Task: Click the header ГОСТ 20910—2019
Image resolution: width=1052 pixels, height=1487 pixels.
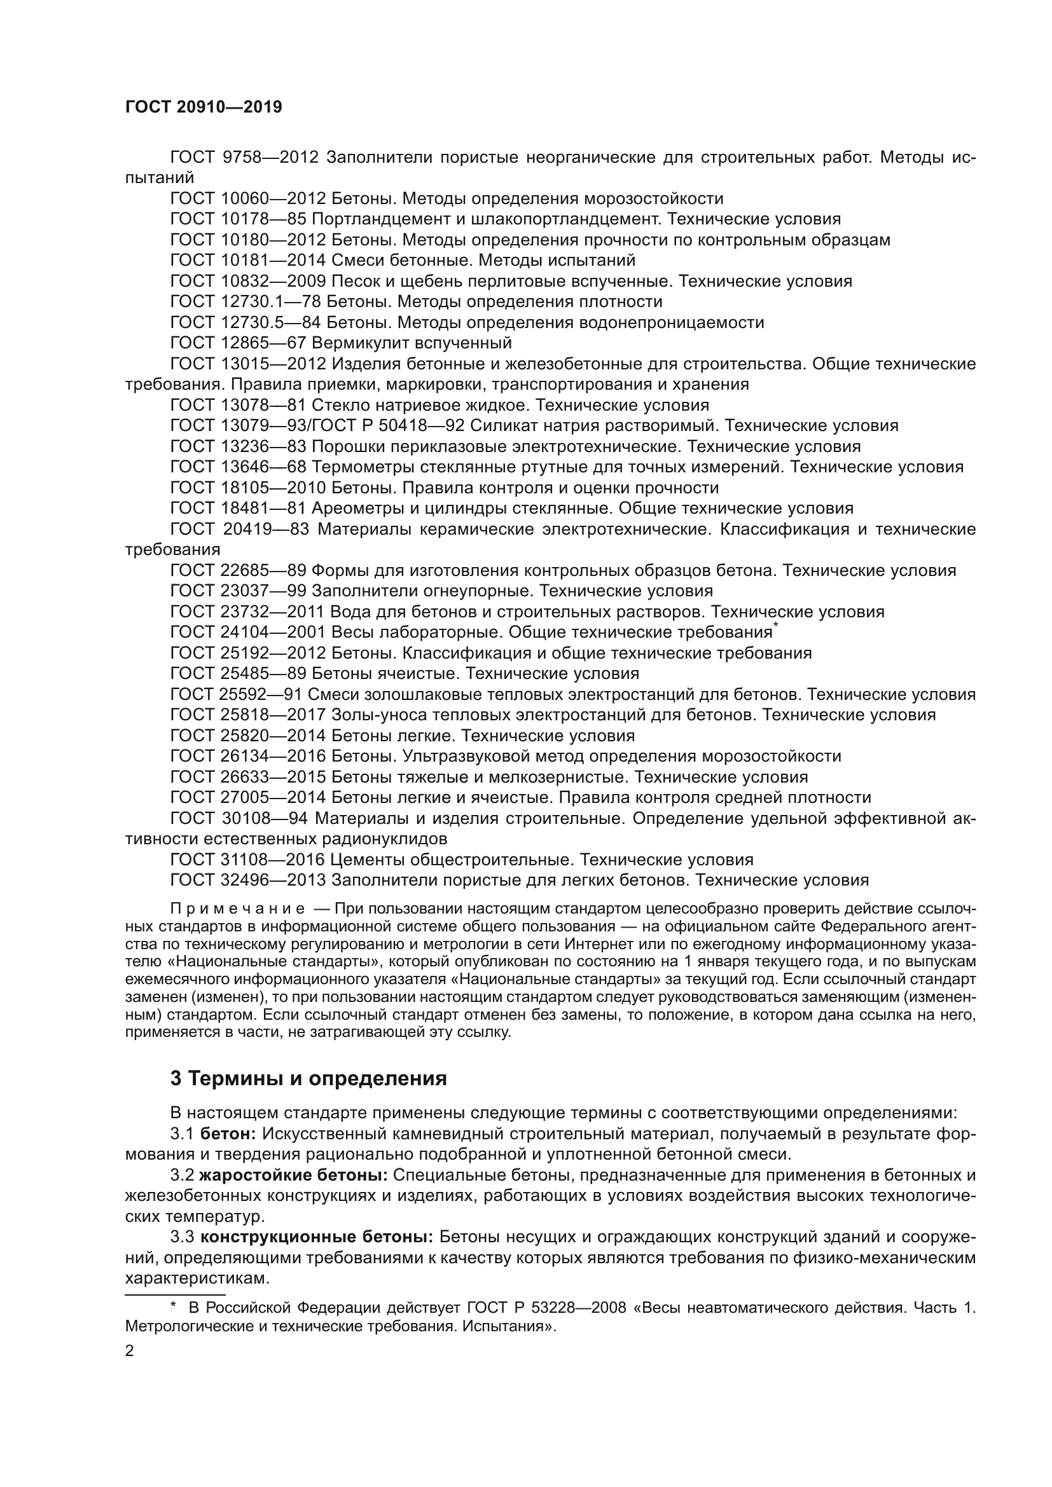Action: pos(204,107)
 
